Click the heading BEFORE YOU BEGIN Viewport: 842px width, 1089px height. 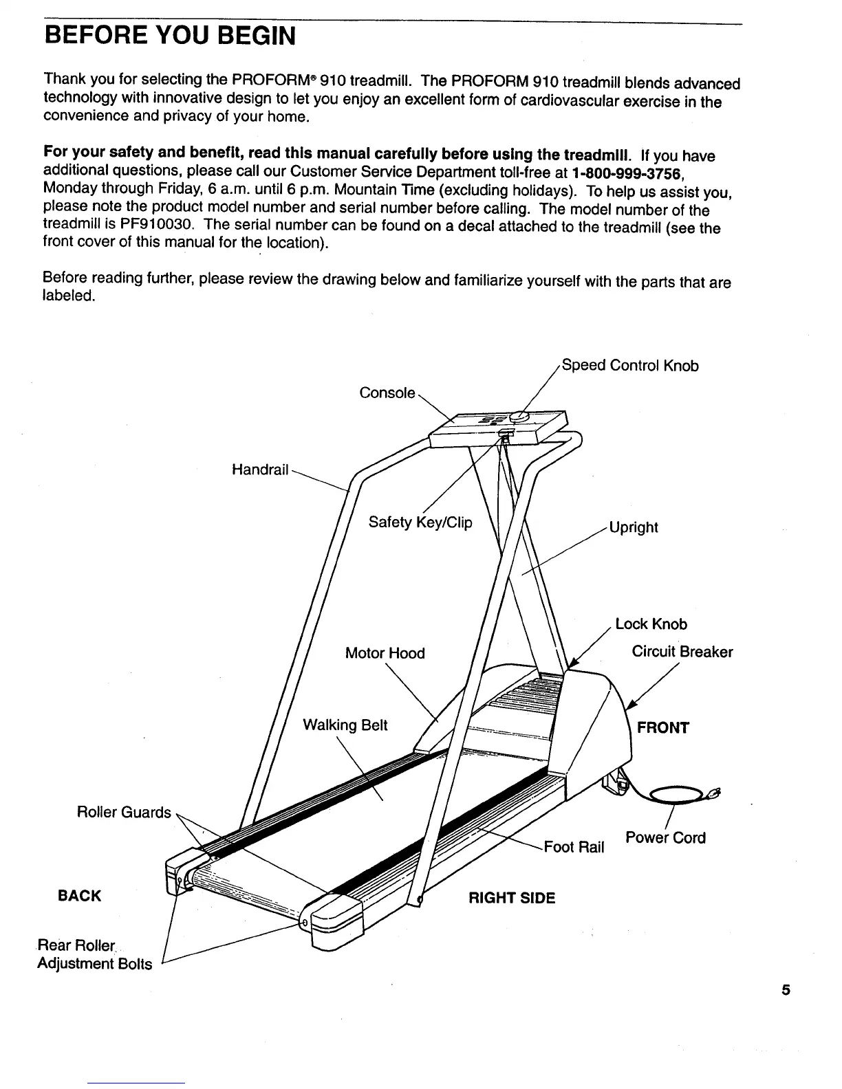(x=169, y=34)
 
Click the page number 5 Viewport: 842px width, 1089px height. (x=786, y=991)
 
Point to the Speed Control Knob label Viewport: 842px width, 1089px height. (x=629, y=365)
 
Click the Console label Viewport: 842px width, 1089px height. (x=387, y=393)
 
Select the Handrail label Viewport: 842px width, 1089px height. (x=259, y=470)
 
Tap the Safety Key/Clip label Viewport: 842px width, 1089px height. (x=420, y=522)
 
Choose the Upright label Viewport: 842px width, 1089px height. (x=634, y=527)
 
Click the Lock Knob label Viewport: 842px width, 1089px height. (x=651, y=624)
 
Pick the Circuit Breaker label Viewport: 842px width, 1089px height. (x=682, y=652)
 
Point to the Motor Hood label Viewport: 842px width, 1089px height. (x=385, y=653)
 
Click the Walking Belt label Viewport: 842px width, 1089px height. (x=345, y=725)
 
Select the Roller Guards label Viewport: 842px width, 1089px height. (x=124, y=813)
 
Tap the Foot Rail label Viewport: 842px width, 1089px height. (x=574, y=847)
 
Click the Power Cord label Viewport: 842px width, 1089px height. (x=665, y=838)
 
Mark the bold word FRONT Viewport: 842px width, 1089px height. (x=662, y=728)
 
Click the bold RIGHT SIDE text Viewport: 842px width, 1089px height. (x=511, y=899)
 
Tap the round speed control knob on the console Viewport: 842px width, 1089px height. (x=519, y=417)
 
